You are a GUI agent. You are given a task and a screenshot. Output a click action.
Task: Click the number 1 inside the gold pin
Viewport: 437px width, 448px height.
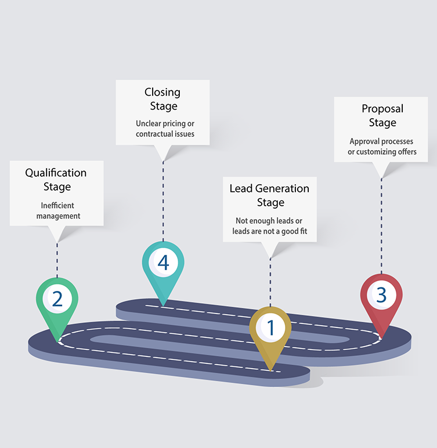pyautogui.click(x=270, y=328)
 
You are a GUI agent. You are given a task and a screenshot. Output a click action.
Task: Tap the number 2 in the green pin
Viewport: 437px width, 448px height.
pyautogui.click(x=57, y=298)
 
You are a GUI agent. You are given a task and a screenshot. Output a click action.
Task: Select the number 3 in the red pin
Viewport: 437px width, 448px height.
pyautogui.click(x=381, y=295)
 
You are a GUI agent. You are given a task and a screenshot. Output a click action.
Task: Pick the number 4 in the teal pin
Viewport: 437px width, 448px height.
pyautogui.click(x=163, y=263)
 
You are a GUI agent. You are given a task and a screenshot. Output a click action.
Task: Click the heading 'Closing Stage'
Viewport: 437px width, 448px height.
pyautogui.click(x=162, y=99)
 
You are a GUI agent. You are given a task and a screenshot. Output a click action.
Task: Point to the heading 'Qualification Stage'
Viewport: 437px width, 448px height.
pyautogui.click(x=56, y=180)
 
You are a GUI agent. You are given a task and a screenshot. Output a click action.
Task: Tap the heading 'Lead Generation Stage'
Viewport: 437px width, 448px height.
pyautogui.click(x=269, y=195)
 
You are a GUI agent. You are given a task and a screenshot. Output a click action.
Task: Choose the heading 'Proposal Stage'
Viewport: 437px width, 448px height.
pyautogui.click(x=382, y=115)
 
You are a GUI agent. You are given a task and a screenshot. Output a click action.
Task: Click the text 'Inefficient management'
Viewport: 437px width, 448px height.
pyautogui.click(x=57, y=211)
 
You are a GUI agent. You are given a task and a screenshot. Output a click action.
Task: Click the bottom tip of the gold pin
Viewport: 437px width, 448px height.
pyautogui.click(x=270, y=370)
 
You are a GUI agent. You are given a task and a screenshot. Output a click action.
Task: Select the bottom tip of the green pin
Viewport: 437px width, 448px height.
pyautogui.click(x=57, y=340)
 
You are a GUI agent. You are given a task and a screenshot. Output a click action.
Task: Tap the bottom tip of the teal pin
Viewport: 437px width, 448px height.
pyautogui.click(x=163, y=305)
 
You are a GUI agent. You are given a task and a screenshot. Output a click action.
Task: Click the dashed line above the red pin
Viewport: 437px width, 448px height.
pyautogui.click(x=381, y=226)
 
